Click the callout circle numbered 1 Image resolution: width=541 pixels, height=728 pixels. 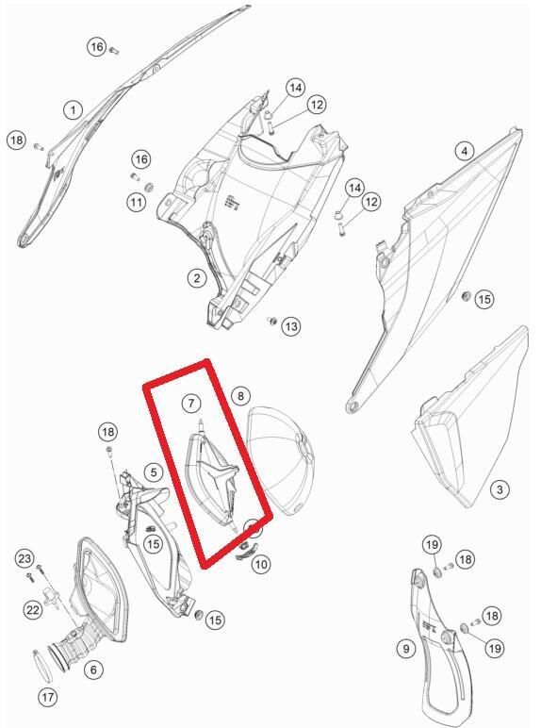coord(73,110)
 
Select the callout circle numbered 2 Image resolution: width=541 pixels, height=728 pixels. coord(197,278)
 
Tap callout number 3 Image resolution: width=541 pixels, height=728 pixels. coord(500,489)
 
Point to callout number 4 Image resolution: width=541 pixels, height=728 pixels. coord(465,151)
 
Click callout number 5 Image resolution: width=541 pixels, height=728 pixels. coord(154,472)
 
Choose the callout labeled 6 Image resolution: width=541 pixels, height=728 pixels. coord(93,670)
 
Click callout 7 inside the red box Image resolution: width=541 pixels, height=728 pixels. coord(191,403)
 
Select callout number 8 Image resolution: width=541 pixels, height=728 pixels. coord(240,396)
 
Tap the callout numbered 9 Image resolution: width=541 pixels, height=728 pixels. coord(406,648)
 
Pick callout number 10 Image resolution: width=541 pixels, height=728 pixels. coord(261,564)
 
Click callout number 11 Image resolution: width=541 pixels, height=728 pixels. coord(136,203)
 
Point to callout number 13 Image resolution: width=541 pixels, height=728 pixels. coord(291,326)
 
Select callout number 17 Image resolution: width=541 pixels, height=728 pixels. coord(48,697)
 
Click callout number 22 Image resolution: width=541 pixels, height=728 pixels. coord(33,609)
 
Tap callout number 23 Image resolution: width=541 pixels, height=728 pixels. coord(25,558)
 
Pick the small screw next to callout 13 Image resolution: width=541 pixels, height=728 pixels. coord(272,320)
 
